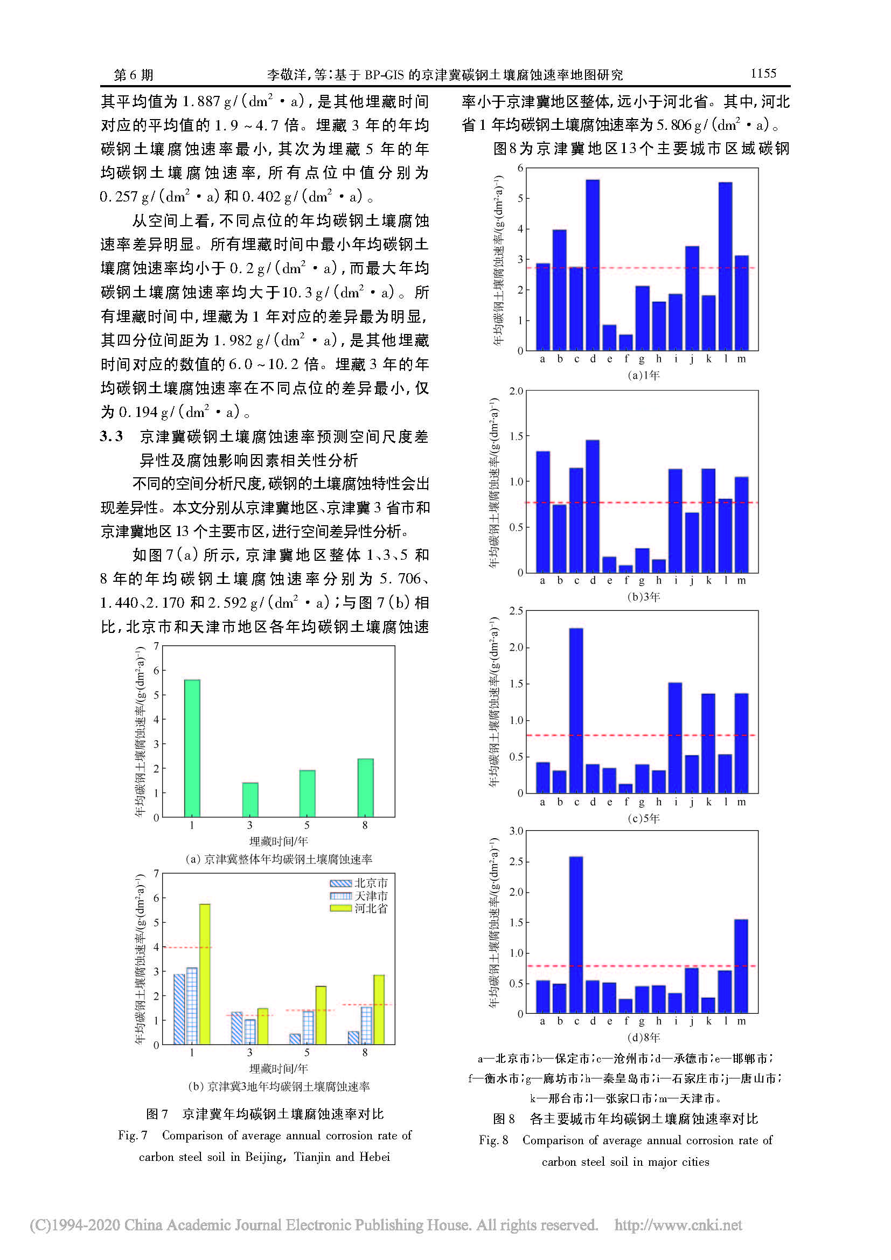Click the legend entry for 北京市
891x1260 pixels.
tap(359, 883)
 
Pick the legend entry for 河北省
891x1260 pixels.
tap(359, 908)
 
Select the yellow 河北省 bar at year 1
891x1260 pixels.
tap(205, 973)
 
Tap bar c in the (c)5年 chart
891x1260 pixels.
tap(576, 710)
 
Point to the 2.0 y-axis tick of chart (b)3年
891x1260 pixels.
tap(516, 391)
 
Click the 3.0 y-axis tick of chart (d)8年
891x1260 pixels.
tap(516, 831)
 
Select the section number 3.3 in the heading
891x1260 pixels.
tap(112, 437)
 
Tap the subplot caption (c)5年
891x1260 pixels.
tap(643, 818)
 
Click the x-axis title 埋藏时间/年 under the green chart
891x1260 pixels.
tap(279, 841)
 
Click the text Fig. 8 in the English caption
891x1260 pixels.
tap(493, 1140)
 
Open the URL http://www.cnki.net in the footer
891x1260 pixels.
tap(678, 1225)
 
